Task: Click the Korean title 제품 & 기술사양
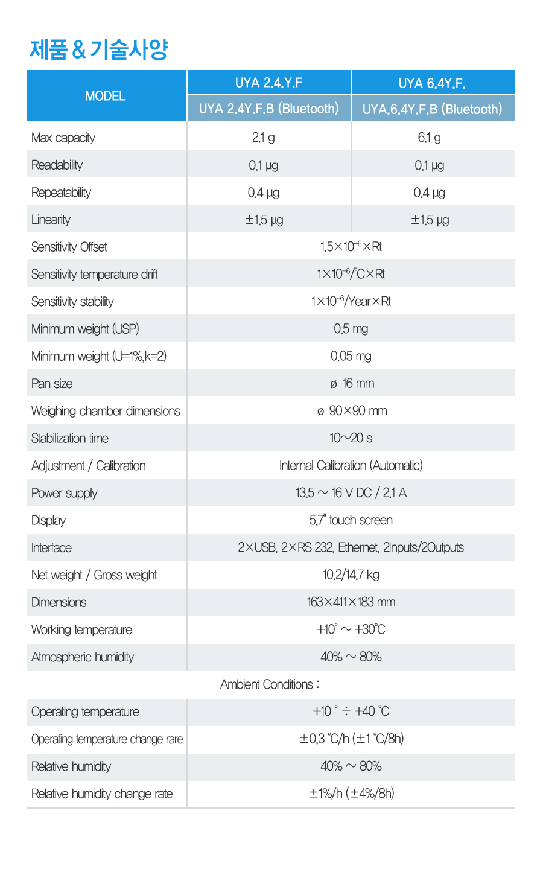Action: tap(99, 49)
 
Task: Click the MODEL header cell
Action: tap(106, 96)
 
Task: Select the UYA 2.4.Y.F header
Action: tap(269, 83)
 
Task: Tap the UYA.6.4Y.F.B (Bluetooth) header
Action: tap(432, 109)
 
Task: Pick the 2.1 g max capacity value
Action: tap(264, 138)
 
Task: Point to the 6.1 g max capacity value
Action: tap(429, 138)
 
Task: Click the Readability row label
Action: tap(57, 165)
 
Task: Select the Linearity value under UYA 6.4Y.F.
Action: tap(430, 220)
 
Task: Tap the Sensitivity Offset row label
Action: tap(69, 247)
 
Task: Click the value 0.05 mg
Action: tap(351, 356)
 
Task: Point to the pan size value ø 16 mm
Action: tap(352, 383)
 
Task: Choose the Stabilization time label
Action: tap(70, 438)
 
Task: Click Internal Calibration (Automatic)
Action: tap(351, 465)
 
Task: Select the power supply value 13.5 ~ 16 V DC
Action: tap(351, 493)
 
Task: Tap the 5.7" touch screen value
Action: tap(351, 520)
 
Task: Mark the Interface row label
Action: tap(51, 547)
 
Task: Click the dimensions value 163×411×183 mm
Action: tap(351, 602)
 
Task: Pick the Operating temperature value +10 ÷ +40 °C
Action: tap(351, 711)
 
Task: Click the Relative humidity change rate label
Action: tap(102, 794)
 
